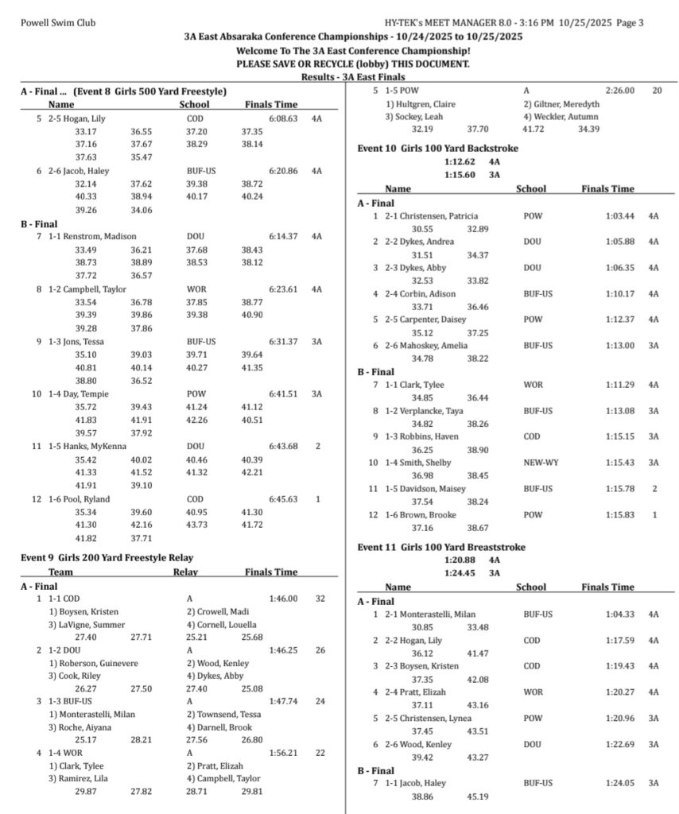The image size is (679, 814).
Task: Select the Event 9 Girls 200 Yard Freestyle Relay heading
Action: [x=107, y=558]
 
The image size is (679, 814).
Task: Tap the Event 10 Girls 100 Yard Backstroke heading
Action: [x=436, y=147]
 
